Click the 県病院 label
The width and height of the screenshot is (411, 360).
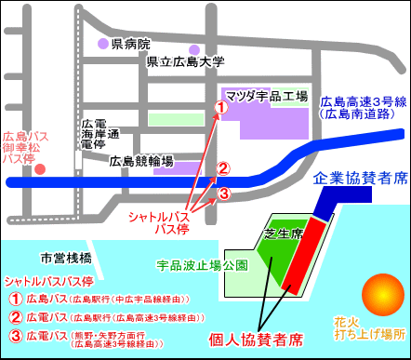click(x=130, y=43)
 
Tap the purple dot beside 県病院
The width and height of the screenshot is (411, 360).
click(x=103, y=44)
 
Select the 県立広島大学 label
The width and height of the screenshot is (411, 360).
click(x=186, y=63)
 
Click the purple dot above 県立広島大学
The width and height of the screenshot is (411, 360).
click(x=193, y=50)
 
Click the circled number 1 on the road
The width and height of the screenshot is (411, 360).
click(x=221, y=108)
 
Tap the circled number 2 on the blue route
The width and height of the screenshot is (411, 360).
click(x=223, y=168)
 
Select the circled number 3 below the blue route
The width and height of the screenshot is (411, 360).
click(x=223, y=193)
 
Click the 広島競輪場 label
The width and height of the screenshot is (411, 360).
click(x=141, y=162)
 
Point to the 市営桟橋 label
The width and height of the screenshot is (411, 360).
click(x=66, y=257)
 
